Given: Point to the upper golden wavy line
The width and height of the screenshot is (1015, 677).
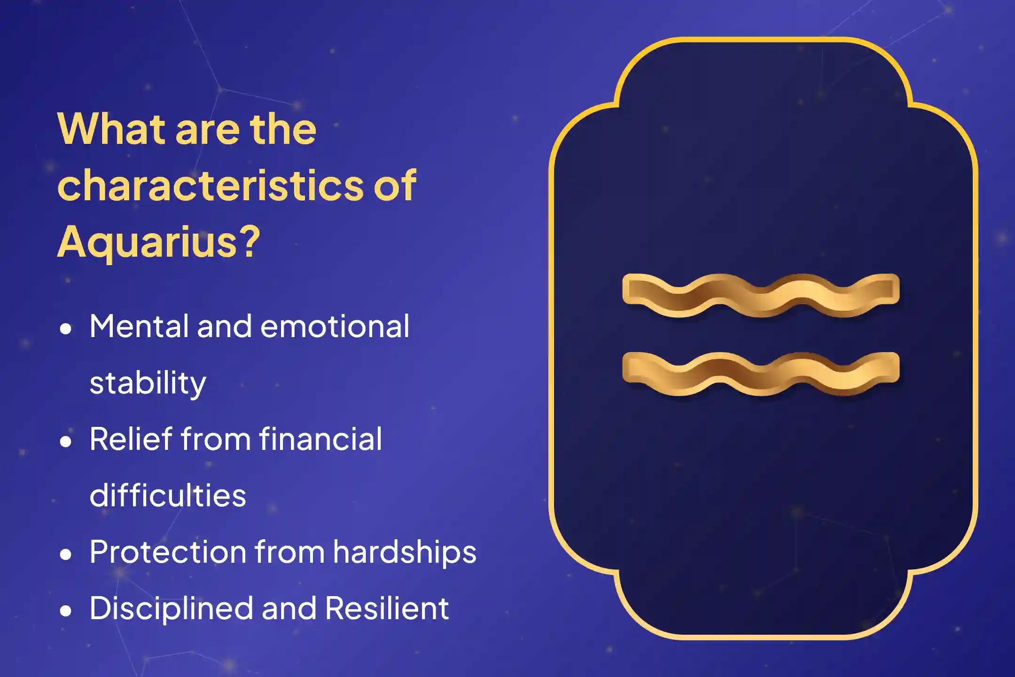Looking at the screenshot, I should coord(760,295).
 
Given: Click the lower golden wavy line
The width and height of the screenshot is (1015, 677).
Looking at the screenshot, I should coord(760,373).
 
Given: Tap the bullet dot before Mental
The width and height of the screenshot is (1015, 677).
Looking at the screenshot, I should coord(66,329).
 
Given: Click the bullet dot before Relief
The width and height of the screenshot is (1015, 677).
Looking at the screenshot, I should coord(66,441).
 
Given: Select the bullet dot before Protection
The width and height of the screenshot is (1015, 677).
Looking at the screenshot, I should coord(66,554).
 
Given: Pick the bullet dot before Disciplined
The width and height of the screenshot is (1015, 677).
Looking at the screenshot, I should coord(66,611).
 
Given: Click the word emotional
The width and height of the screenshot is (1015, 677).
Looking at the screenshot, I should coord(335,326).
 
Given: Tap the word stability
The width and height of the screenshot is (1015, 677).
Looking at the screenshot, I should coord(148,383).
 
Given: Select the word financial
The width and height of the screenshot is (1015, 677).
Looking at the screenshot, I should coord(320,439).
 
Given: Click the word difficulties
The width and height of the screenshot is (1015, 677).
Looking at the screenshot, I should coord(168,496).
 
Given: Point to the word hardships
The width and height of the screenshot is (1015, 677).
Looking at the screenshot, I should coord(405,552).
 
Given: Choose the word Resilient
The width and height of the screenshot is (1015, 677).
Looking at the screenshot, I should coord(387,608).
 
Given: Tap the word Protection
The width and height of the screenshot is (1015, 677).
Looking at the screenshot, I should coord(168,552).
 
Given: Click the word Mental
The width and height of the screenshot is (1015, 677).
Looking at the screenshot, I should coord(139,326).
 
